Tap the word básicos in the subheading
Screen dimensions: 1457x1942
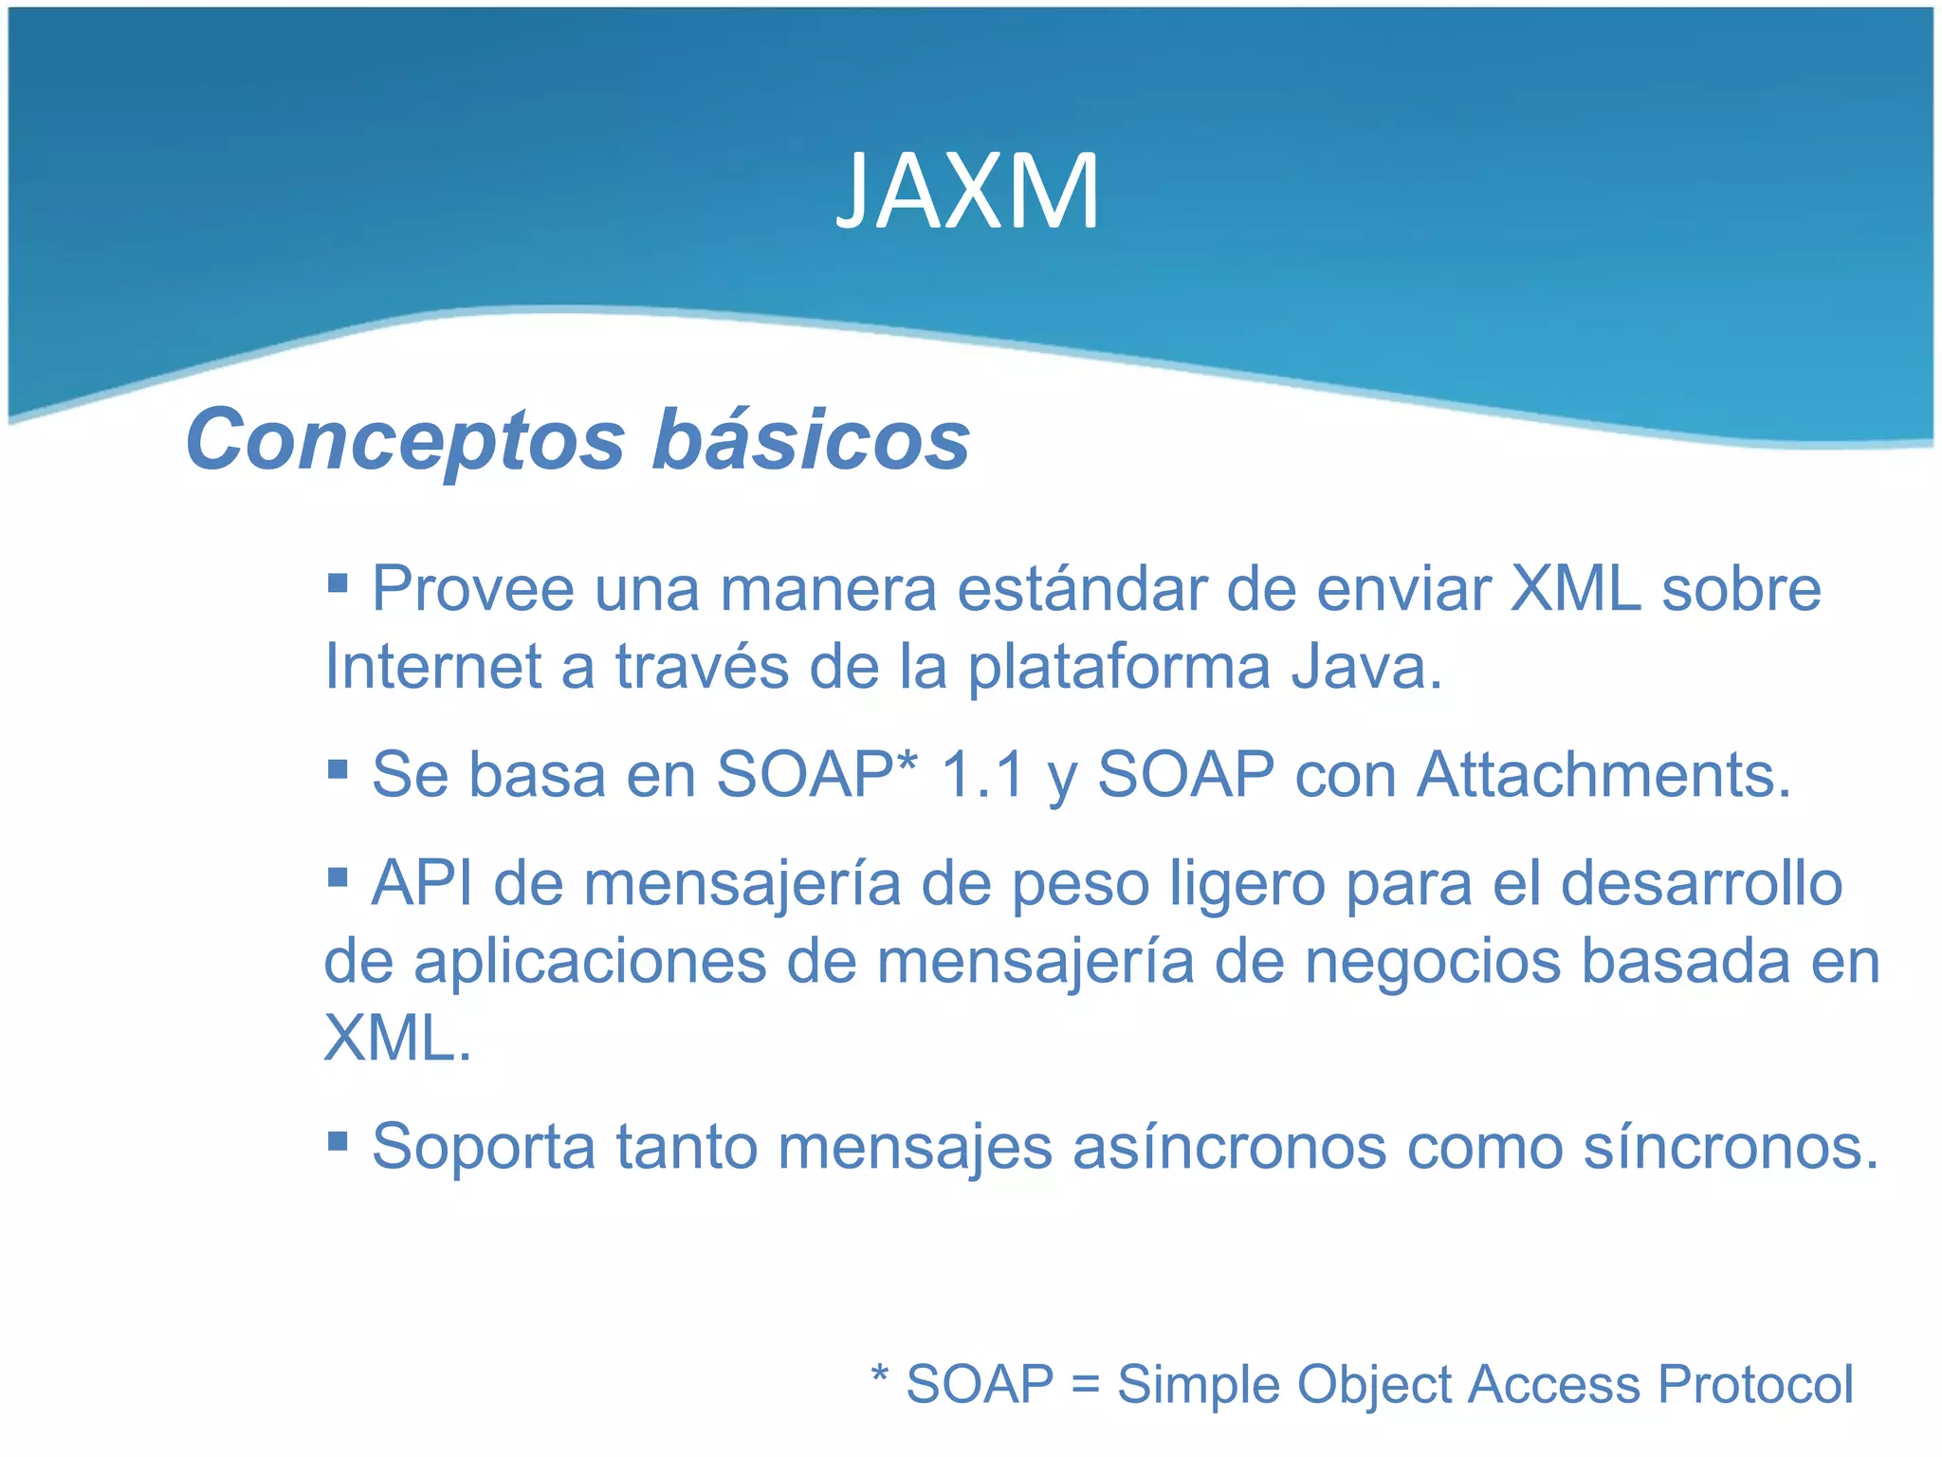[x=811, y=439]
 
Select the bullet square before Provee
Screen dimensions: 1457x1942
[x=338, y=581]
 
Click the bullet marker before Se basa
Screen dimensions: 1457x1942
[x=338, y=766]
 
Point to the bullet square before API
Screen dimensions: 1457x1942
[x=338, y=876]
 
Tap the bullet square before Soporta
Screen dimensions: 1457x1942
[x=338, y=1138]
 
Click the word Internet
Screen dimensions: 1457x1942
[x=432, y=667]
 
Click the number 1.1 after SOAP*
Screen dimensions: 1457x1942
[x=982, y=775]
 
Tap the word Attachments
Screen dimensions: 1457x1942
[x=1603, y=775]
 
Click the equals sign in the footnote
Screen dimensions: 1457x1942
[x=1085, y=1386]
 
